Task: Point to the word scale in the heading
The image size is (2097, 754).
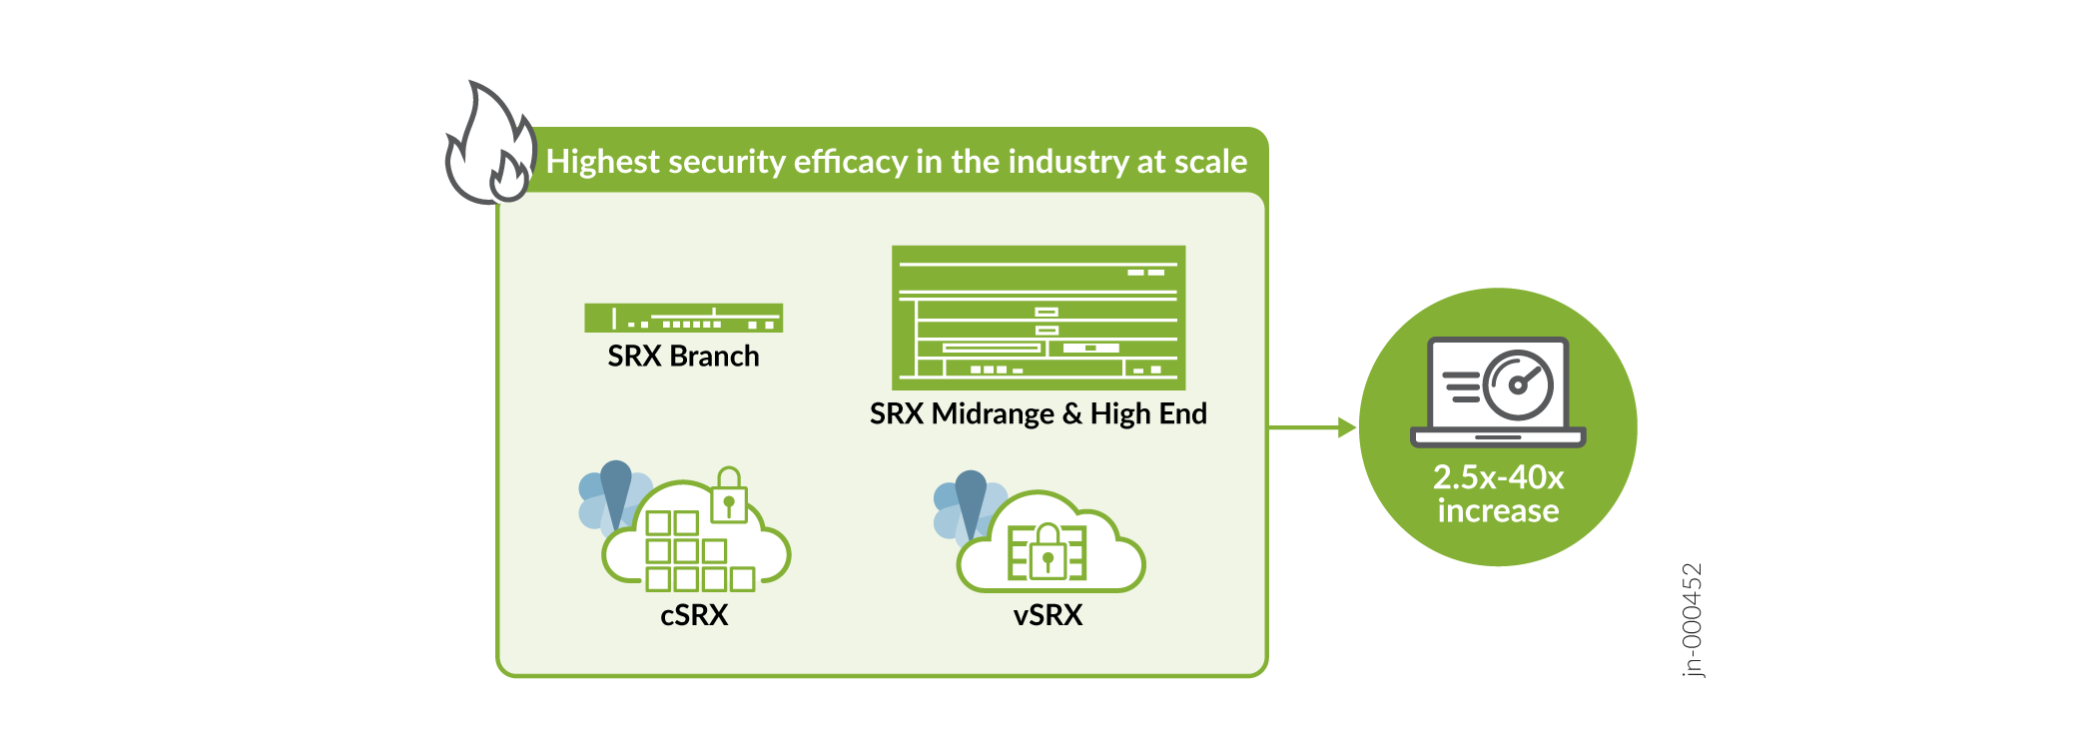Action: point(1210,162)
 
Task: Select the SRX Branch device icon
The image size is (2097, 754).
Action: point(683,318)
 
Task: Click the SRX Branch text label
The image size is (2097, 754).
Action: point(683,357)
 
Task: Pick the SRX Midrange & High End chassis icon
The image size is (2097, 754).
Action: point(1039,318)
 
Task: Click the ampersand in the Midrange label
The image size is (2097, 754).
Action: point(1071,413)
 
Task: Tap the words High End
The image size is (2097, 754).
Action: point(1148,413)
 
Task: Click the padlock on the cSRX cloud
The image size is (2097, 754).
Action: point(729,496)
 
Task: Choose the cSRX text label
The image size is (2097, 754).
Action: point(694,615)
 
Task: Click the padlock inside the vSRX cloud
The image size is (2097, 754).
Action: point(1048,551)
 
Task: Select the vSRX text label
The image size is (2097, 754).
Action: point(1048,615)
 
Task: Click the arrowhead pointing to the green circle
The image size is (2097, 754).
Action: point(1346,427)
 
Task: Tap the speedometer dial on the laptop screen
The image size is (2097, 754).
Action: point(1518,384)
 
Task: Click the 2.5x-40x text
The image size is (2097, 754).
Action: point(1498,477)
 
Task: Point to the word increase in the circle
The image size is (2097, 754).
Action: point(1498,511)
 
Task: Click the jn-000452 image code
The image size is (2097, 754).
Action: point(1692,620)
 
